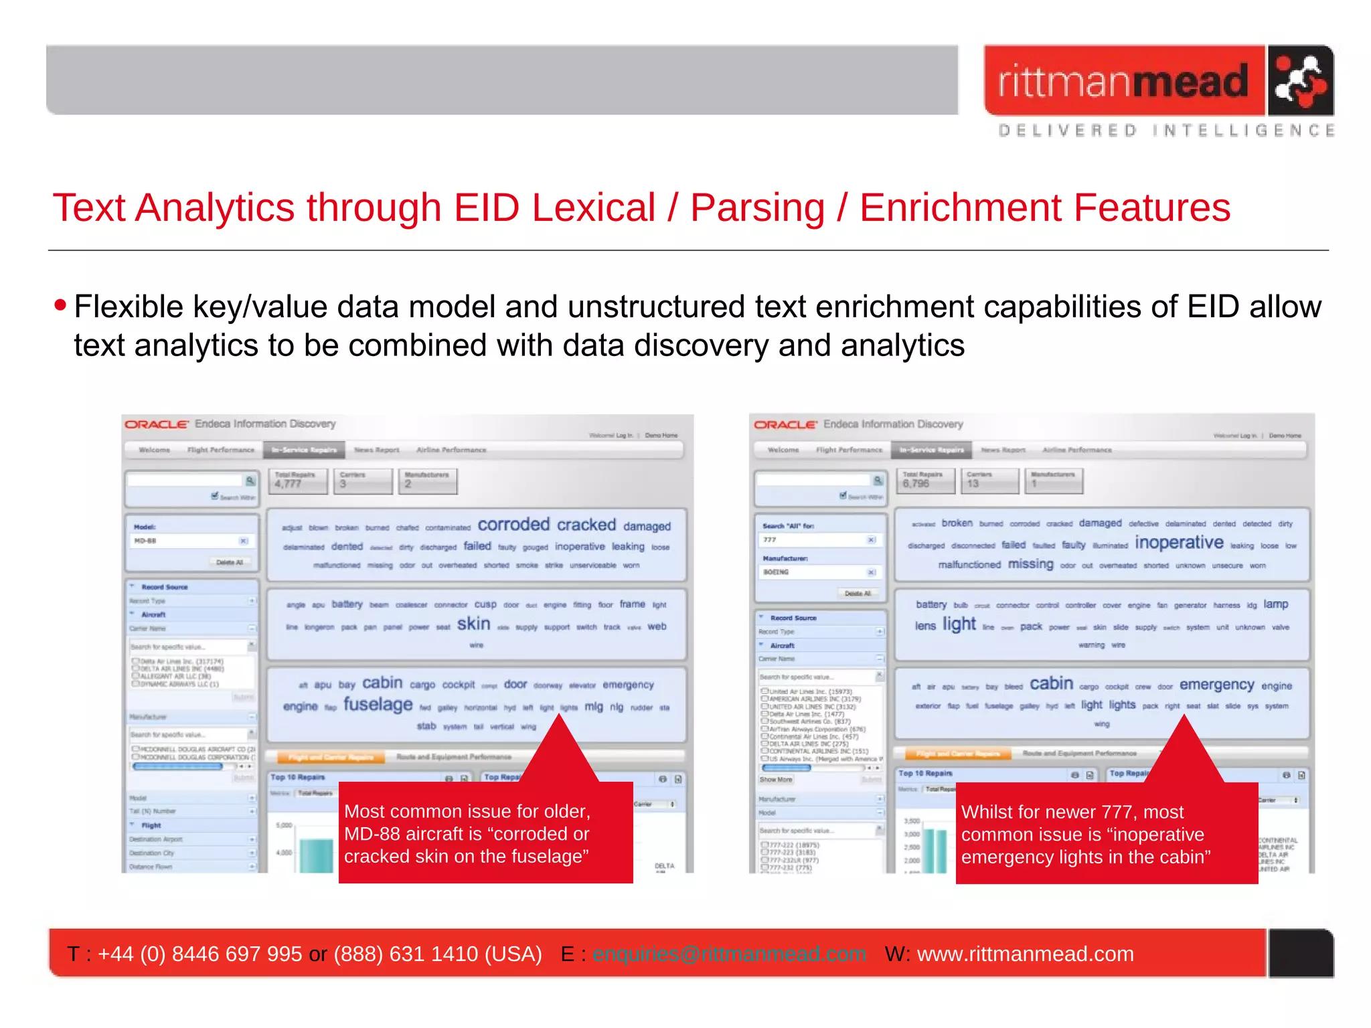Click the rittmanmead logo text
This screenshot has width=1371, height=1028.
(1123, 82)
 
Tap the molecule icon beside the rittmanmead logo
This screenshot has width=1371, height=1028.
(1299, 81)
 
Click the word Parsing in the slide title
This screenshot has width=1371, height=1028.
(757, 207)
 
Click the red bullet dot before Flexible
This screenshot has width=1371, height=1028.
(61, 306)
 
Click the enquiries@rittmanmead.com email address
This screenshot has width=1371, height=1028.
(728, 954)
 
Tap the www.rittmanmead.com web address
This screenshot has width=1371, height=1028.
(1025, 954)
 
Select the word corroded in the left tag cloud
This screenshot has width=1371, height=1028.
(513, 525)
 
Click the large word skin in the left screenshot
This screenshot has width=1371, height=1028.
(473, 624)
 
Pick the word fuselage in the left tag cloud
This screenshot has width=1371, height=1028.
(378, 704)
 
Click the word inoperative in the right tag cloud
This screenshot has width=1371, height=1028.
(1179, 543)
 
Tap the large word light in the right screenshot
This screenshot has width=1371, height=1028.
(959, 624)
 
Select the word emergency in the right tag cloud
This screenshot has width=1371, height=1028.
(1216, 685)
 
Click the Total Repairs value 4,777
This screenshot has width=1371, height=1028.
(289, 484)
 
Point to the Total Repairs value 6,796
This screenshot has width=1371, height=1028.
(916, 484)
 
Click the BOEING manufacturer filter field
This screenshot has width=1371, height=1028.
(813, 572)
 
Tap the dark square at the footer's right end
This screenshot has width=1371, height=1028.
(1301, 953)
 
